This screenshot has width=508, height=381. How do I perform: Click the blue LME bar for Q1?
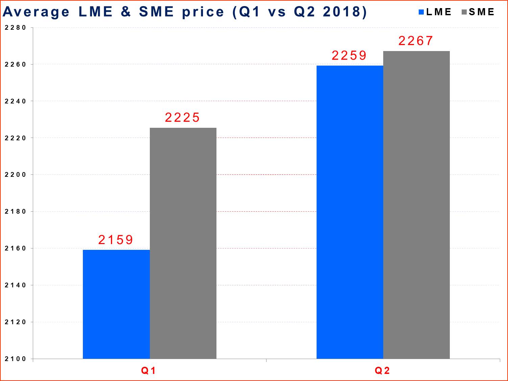click(116, 304)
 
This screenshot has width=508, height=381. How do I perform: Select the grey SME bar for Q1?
click(183, 243)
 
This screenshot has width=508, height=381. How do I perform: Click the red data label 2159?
click(116, 240)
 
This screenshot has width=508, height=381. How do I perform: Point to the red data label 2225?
click(182, 118)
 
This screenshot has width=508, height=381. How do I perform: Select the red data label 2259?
click(349, 55)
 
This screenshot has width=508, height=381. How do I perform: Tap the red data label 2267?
click(416, 41)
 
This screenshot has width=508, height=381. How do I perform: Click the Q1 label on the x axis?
click(148, 371)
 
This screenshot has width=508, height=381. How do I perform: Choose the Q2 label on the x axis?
click(382, 371)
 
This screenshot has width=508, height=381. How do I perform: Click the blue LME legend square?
click(421, 12)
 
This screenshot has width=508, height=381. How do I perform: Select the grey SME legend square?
click(464, 12)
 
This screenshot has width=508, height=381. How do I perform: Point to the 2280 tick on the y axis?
click(15, 28)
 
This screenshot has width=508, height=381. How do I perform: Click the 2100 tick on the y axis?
click(15, 359)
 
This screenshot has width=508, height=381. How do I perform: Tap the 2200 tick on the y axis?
click(15, 175)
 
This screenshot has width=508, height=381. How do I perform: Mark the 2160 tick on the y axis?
click(15, 248)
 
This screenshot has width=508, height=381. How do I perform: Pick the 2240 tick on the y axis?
click(15, 101)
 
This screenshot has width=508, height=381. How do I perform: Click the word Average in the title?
click(36, 12)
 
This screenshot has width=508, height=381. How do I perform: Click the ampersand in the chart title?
click(125, 12)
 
